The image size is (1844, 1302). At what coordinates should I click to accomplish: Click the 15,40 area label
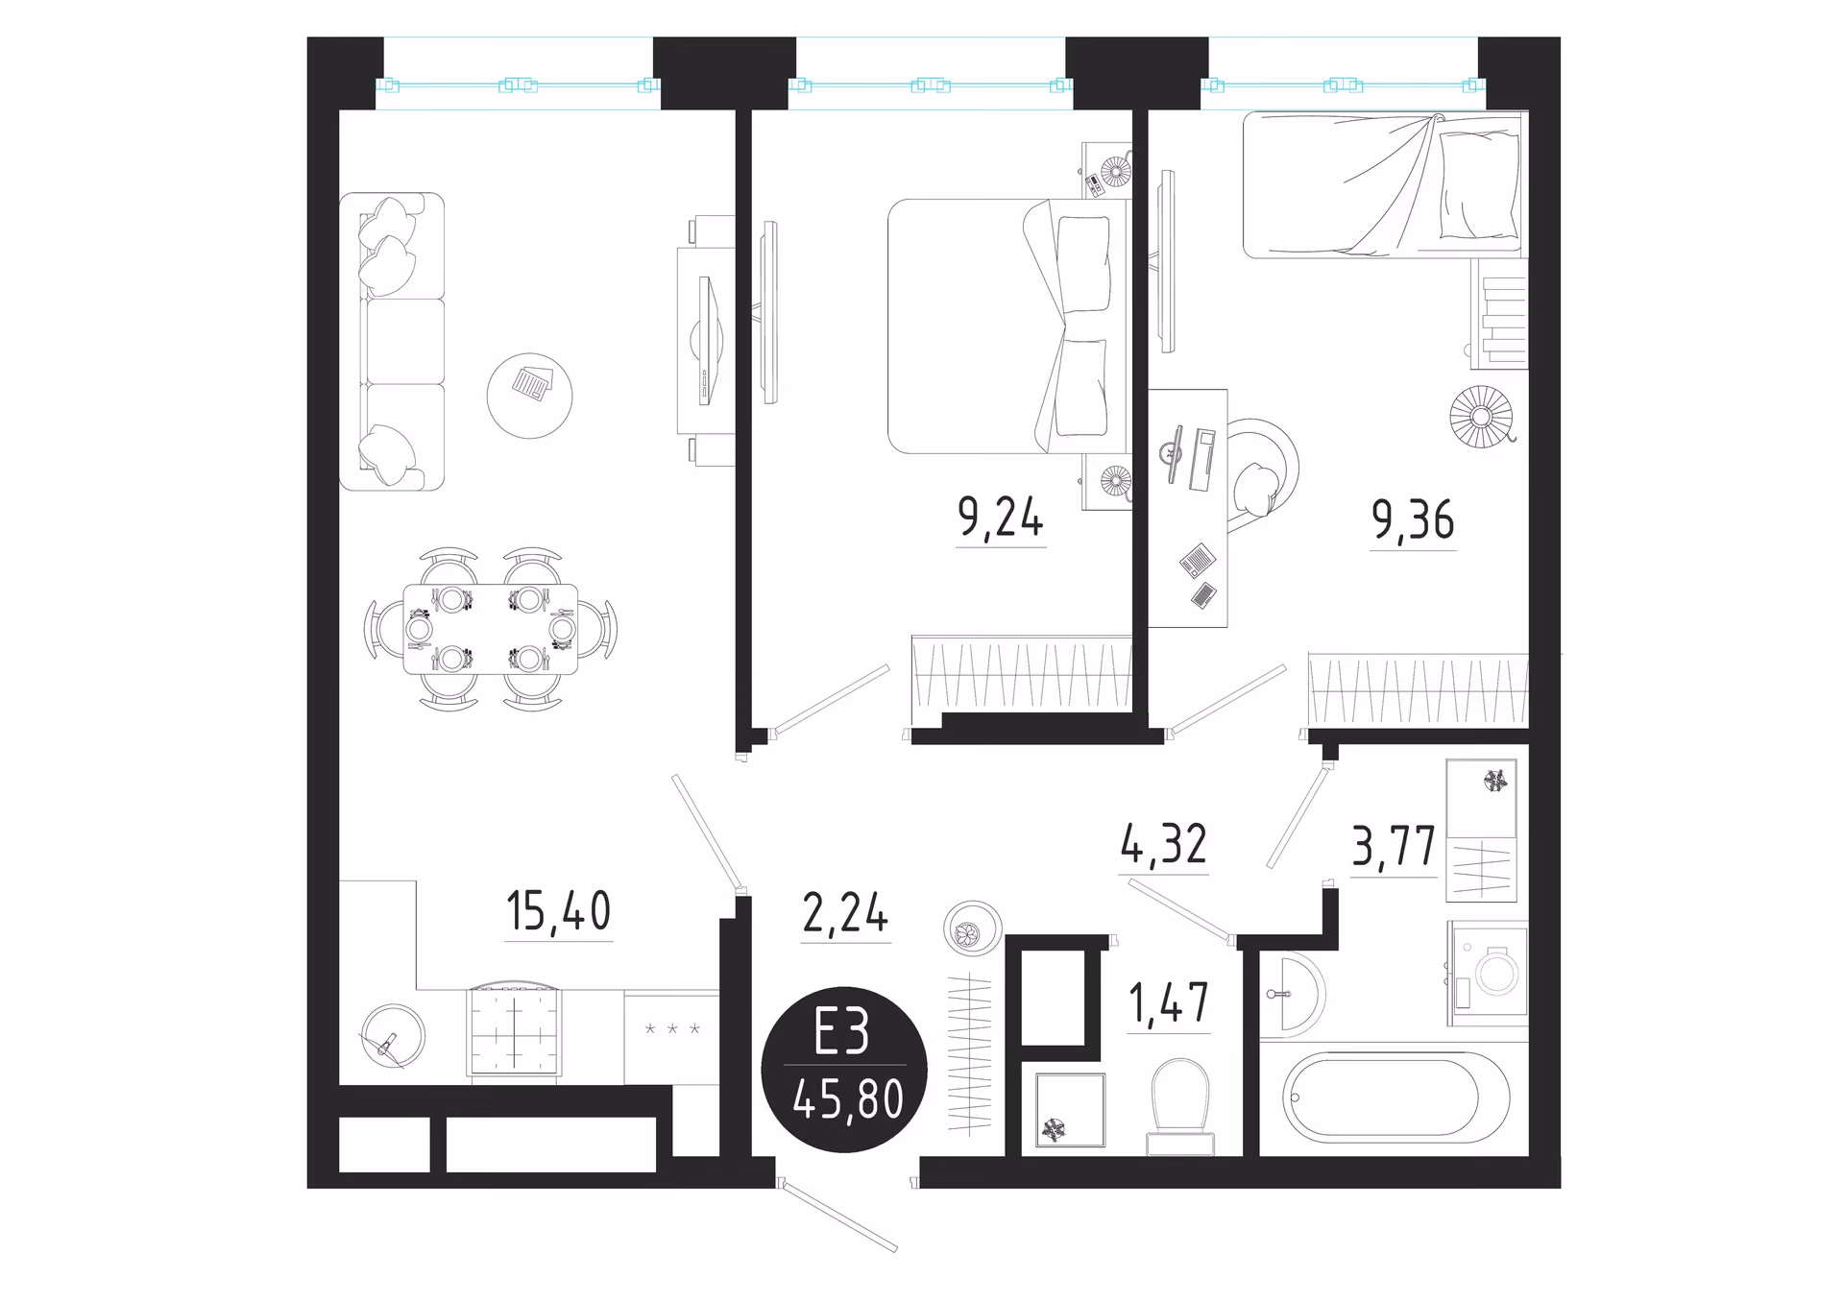[x=558, y=911]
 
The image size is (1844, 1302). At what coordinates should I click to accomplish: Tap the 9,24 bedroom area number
[x=1001, y=518]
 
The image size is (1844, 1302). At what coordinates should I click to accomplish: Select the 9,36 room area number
[x=1413, y=520]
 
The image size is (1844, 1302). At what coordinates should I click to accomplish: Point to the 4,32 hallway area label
[x=1163, y=844]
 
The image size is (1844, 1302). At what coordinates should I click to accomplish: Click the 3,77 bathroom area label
[x=1394, y=847]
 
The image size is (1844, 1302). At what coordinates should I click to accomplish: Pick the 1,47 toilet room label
[x=1168, y=1003]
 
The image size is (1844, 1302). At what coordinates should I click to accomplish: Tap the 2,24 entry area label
[x=845, y=912]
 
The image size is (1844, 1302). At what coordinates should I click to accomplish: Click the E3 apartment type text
[x=842, y=1032]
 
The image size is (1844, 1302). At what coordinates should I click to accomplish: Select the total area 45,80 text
[x=848, y=1099]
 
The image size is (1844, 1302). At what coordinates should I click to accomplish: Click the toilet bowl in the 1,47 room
[x=1180, y=1107]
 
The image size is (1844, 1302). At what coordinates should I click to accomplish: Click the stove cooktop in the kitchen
[x=514, y=1031]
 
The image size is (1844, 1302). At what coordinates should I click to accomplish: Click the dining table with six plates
[x=491, y=629]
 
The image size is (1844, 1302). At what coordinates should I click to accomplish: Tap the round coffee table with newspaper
[x=529, y=395]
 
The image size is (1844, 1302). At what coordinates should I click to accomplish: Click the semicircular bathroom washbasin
[x=1293, y=994]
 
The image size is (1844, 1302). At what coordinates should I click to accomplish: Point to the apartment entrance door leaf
[x=839, y=1216]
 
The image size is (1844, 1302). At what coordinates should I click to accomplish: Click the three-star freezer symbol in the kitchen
[x=672, y=1029]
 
